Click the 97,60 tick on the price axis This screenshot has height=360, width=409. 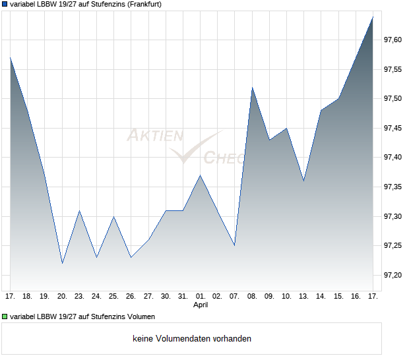pyautogui.click(x=393, y=40)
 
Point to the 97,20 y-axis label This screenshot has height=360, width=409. pyautogui.click(x=393, y=276)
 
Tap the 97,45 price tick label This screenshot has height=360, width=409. pyautogui.click(x=393, y=129)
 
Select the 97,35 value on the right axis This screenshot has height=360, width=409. pyautogui.click(x=393, y=187)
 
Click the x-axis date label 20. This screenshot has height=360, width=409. pyautogui.click(x=62, y=296)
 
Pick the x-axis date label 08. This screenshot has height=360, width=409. pyautogui.click(x=252, y=296)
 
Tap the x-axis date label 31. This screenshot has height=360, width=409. pyautogui.click(x=183, y=296)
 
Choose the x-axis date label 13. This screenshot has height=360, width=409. pyautogui.click(x=303, y=296)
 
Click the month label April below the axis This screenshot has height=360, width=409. pyautogui.click(x=201, y=305)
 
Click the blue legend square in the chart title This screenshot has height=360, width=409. pyautogui.click(x=5, y=4)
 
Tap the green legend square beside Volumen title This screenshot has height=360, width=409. pyautogui.click(x=5, y=315)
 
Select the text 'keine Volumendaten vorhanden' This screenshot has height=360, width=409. pyautogui.click(x=192, y=339)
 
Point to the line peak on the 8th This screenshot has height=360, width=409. pyautogui.click(x=252, y=88)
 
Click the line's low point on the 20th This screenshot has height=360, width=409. pyautogui.click(x=62, y=263)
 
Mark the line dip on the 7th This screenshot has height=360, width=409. pyautogui.click(x=234, y=245)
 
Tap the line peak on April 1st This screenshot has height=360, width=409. pyautogui.click(x=200, y=175)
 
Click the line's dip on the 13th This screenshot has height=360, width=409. pyautogui.click(x=303, y=181)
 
